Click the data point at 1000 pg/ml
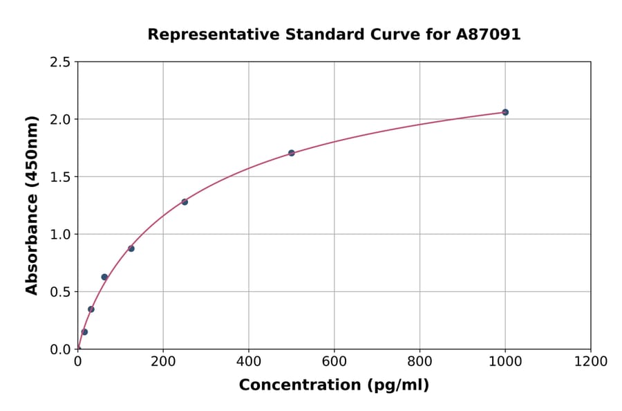point(505,112)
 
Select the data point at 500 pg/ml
point(292,153)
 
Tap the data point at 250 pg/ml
point(185,202)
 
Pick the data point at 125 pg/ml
point(131,248)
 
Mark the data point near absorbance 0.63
point(104,277)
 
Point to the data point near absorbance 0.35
point(91,309)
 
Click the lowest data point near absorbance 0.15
point(84,331)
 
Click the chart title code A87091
point(488,35)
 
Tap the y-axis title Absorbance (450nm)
point(32,205)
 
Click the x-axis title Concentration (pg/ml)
point(334,385)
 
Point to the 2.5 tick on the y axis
point(60,62)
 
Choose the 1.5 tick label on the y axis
point(60,177)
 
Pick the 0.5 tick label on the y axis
point(60,292)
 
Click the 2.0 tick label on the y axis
point(60,120)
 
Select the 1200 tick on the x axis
point(590,362)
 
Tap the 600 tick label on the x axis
point(334,362)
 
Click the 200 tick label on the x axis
point(163,362)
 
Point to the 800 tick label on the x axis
point(420,362)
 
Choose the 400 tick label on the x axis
point(249,362)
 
